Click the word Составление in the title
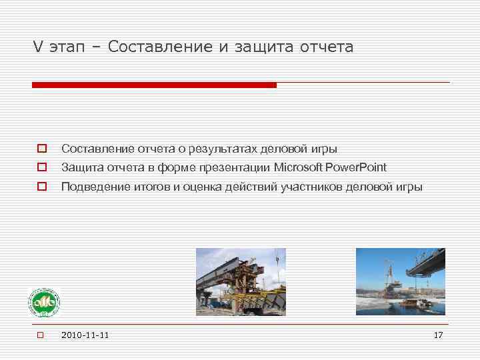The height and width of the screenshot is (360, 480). (157, 47)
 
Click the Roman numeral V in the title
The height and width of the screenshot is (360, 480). (38, 47)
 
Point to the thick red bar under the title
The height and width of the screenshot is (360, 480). (154, 85)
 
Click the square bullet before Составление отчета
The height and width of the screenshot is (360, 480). (41, 149)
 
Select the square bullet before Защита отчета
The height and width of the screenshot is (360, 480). (41, 167)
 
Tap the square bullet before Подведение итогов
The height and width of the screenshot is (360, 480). (41, 187)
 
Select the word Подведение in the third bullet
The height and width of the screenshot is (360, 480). (90, 187)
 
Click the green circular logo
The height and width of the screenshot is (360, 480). (43, 303)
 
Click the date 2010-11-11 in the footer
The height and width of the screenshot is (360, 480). (85, 335)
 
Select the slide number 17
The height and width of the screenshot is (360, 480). (438, 335)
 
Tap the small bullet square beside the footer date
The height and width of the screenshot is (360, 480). (40, 335)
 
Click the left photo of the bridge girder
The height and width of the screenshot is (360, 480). (241, 281)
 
